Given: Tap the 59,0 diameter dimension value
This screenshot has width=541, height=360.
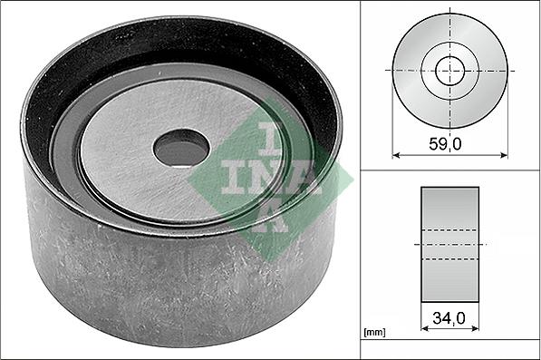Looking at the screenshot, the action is coord(445,144).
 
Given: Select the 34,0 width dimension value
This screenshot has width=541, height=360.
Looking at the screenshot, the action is coord(449,318).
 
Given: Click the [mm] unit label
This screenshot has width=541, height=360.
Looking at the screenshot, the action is coord(374,333).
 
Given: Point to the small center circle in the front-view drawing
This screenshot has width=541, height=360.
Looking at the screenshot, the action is coord(449,71).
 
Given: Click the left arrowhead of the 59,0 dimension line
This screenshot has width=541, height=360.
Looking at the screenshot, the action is coord(396,155).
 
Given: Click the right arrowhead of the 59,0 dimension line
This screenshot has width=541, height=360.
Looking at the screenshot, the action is coord(504,155).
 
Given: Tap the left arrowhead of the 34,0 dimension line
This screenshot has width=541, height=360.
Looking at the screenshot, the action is coord(425,328).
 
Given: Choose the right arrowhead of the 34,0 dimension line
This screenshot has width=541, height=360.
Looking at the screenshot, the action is coord(475,328).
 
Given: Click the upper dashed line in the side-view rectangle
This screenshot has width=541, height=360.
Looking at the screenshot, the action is coord(449,230).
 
